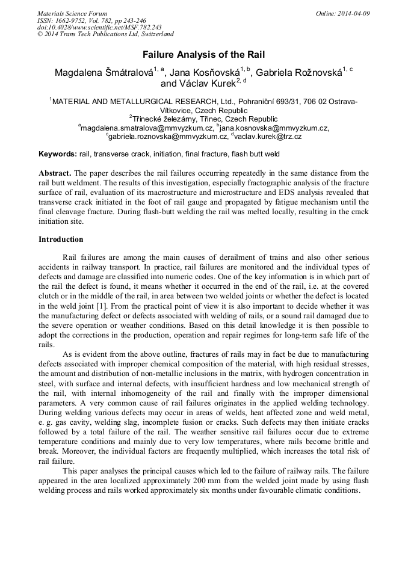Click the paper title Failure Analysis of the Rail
click(x=203, y=54)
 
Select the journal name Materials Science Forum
click(x=72, y=13)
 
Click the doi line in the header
click(x=99, y=28)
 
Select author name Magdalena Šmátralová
click(x=102, y=73)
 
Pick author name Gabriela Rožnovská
click(x=298, y=73)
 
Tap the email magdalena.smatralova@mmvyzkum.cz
click(x=147, y=128)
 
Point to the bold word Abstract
click(x=55, y=173)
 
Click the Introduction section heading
click(x=61, y=239)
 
